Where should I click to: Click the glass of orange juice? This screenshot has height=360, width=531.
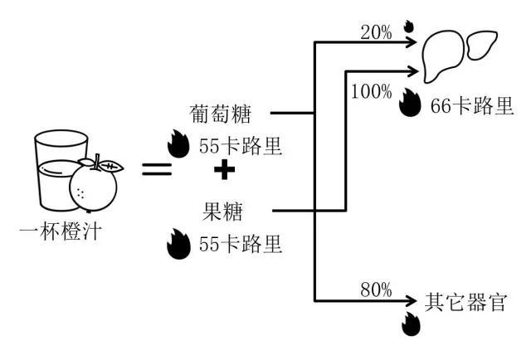coord(51,170)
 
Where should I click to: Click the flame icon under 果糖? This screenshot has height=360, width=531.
coord(177,244)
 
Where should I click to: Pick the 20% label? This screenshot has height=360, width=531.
coord(377,32)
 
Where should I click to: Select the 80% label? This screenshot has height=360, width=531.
coord(376,290)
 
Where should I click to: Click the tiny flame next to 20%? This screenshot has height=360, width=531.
coord(407,27)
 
